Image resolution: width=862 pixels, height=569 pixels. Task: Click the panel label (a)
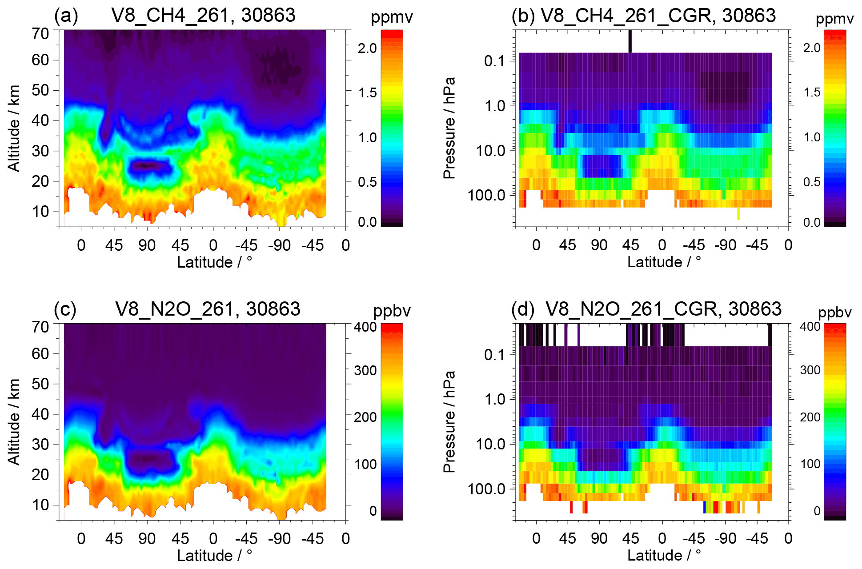pyautogui.click(x=66, y=16)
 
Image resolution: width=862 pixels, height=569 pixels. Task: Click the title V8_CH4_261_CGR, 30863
pyautogui.click(x=658, y=16)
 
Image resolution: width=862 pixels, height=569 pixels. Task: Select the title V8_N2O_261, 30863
pyautogui.click(x=208, y=309)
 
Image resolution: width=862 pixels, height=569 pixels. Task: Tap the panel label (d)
pyautogui.click(x=523, y=309)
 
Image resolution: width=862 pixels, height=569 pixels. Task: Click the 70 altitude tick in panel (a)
pyautogui.click(x=40, y=33)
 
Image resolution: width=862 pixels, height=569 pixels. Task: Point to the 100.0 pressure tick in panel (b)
pyautogui.click(x=486, y=195)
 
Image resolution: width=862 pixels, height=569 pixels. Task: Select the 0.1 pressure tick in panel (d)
pyautogui.click(x=494, y=355)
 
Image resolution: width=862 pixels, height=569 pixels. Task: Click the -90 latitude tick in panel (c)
pyautogui.click(x=280, y=539)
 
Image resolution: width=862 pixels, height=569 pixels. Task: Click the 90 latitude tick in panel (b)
pyautogui.click(x=599, y=245)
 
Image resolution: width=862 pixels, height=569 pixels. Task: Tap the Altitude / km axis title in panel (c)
pyautogui.click(x=14, y=421)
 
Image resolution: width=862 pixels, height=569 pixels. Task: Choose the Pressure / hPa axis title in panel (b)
pyautogui.click(x=449, y=128)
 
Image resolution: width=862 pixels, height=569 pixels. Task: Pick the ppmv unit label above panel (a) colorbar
pyautogui.click(x=392, y=18)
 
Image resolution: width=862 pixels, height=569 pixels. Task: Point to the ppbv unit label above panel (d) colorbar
pyautogui.click(x=834, y=313)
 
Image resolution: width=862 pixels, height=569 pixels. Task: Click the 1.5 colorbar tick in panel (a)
pyautogui.click(x=367, y=93)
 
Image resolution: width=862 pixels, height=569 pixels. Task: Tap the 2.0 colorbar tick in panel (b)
pyautogui.click(x=811, y=48)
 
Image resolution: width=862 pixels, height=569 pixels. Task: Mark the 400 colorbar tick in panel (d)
pyautogui.click(x=810, y=327)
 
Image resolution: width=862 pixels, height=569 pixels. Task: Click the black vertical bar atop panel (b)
pyautogui.click(x=630, y=41)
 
